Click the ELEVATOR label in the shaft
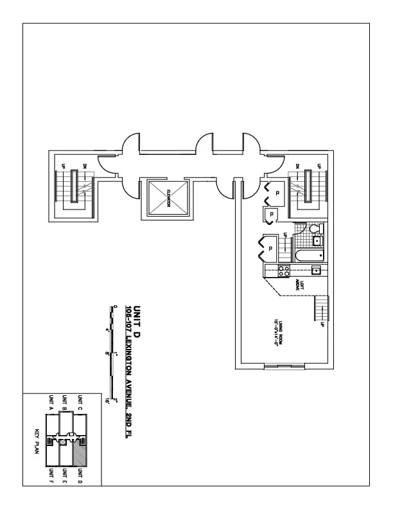click(168, 199)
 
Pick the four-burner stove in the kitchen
click(283, 270)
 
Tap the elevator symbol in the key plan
click(63, 442)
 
